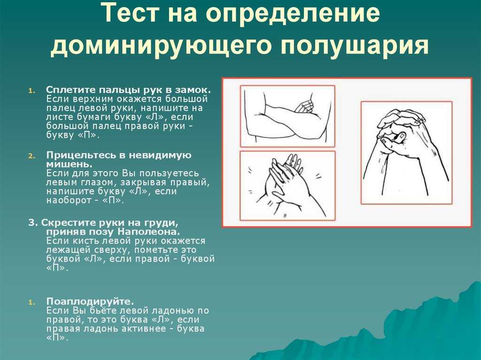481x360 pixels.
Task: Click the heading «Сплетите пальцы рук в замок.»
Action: [x=129, y=90]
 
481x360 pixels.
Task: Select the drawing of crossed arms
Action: [x=287, y=116]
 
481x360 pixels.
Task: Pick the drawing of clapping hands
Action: [x=287, y=186]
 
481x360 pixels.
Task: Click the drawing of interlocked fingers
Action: [x=406, y=153]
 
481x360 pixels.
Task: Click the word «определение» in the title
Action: [x=293, y=13]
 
